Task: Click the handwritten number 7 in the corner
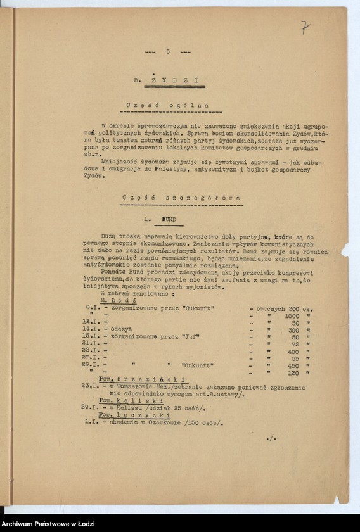[305, 27]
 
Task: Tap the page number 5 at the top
[168, 52]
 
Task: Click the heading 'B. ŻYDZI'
[166, 80]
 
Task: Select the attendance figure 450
[292, 365]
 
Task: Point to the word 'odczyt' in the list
[121, 329]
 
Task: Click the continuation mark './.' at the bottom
[271, 438]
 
